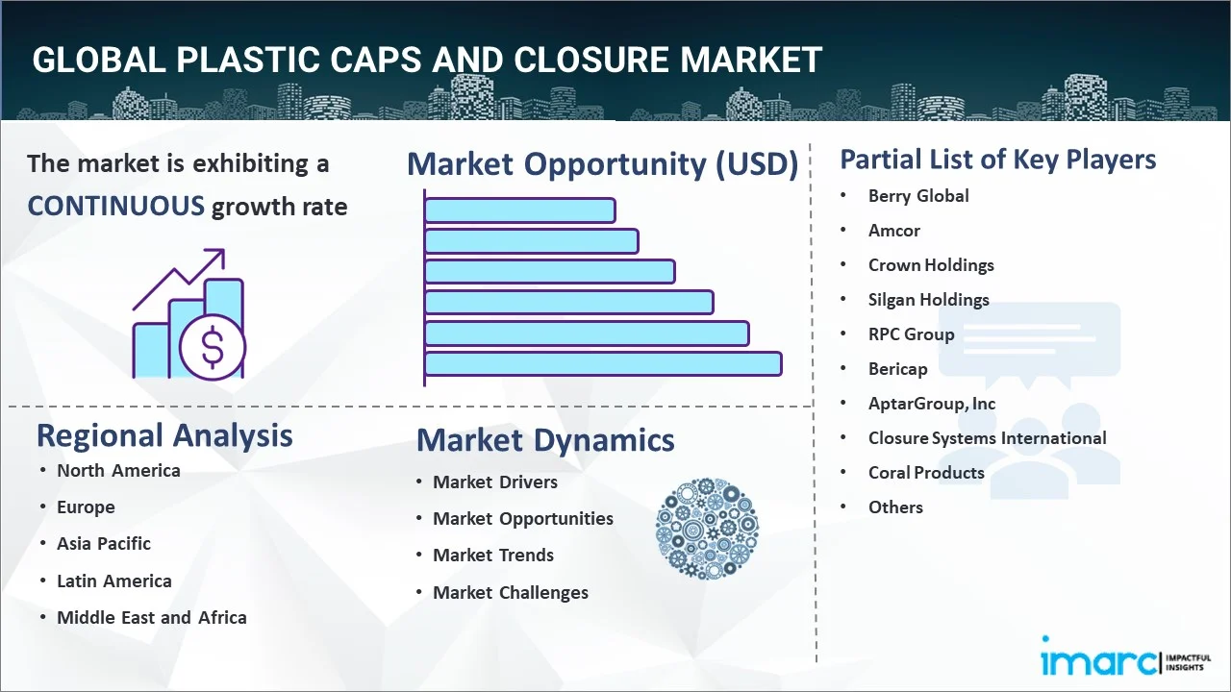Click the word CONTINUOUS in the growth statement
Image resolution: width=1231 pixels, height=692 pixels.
coord(115,206)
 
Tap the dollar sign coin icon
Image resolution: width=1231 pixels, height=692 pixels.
coord(213,349)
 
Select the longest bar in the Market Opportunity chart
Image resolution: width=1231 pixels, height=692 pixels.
coord(603,363)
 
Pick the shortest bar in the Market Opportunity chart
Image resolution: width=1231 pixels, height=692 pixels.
coord(519,210)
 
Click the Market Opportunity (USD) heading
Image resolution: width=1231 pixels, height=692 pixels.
coord(602,164)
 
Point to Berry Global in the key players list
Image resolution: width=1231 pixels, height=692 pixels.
coord(918,196)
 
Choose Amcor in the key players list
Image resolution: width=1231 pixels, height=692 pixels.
coord(894,231)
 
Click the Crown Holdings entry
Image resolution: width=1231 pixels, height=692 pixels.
coord(931,265)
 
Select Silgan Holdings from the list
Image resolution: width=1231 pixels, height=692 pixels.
coord(928,300)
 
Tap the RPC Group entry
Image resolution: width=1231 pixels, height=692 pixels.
coord(911,334)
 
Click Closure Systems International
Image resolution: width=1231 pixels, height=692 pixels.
coord(987,438)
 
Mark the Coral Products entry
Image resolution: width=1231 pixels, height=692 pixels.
coord(926,473)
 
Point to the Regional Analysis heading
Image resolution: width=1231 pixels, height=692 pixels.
coord(164,435)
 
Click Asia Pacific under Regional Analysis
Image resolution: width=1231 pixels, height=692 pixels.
coord(104,544)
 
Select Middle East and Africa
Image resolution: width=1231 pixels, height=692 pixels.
coord(152,618)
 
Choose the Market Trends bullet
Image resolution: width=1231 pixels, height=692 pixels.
coord(493,556)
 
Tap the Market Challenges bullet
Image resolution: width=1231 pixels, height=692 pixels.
coord(511,593)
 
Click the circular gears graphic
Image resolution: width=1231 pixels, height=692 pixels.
coord(707,529)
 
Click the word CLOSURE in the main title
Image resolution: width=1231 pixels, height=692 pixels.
coord(583,61)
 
